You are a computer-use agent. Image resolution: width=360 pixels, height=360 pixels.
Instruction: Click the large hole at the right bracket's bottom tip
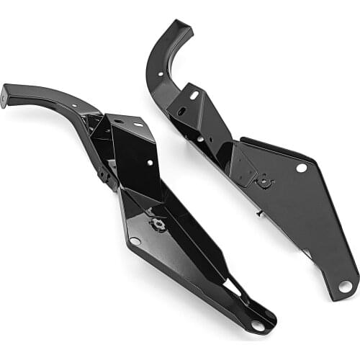345,286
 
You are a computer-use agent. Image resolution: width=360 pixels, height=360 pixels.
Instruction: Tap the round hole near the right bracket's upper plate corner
301,168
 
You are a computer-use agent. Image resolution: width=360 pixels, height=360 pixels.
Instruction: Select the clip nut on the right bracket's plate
264,182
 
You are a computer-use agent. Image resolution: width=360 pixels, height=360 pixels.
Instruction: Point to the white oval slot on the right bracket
194,94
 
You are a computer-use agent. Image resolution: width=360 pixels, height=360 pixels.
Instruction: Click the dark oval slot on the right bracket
181,112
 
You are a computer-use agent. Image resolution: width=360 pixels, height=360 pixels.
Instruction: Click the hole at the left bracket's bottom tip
258,325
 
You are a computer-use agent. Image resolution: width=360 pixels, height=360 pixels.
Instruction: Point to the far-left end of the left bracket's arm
5,96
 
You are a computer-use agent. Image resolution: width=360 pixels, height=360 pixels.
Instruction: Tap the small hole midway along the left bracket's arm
73,106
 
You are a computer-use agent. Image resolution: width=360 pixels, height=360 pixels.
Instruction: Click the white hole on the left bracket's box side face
150,163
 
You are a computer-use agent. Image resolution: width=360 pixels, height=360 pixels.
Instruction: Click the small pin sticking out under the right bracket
258,214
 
